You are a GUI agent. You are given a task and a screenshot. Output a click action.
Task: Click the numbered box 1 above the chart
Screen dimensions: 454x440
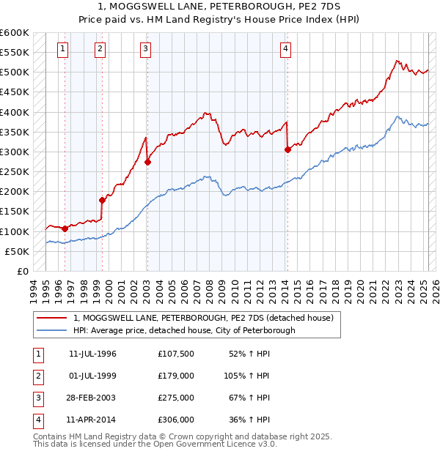63,49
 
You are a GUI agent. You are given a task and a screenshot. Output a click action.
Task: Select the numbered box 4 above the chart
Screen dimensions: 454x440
285,49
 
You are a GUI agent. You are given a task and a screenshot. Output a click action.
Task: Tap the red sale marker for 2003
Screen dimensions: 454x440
147,162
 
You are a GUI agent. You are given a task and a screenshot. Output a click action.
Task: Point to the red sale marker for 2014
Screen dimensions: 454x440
287,149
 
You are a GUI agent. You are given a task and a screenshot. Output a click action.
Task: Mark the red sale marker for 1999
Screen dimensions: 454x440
102,200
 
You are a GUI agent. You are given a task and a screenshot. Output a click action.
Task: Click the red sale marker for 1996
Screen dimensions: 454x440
65,228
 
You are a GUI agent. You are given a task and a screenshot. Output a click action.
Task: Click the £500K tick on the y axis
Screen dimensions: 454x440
15,72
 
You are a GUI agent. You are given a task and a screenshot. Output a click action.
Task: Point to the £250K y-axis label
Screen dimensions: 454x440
15,172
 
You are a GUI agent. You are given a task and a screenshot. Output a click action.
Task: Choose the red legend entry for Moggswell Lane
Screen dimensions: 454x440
203,318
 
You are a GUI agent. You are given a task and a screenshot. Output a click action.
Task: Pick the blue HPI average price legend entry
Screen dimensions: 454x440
184,330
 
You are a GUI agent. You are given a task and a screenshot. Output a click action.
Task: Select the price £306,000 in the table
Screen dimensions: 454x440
175,420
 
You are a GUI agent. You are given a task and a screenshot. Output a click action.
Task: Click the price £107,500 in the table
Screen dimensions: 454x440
175,354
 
